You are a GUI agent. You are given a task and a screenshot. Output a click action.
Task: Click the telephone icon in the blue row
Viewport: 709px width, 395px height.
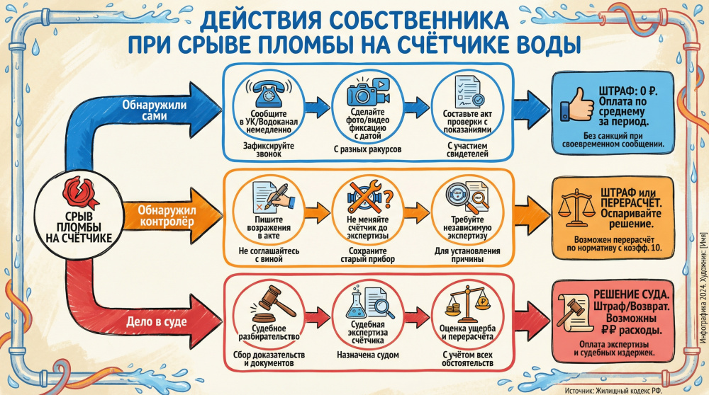(267, 93)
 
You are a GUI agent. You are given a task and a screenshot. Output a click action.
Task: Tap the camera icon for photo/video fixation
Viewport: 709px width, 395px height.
(367, 93)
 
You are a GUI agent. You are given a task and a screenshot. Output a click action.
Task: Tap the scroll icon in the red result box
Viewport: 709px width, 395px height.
(575, 314)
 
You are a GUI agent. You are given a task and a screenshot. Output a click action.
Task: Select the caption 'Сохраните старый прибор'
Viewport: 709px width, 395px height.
(367, 256)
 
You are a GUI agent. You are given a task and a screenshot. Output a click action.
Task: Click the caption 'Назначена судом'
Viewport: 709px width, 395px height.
(367, 354)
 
